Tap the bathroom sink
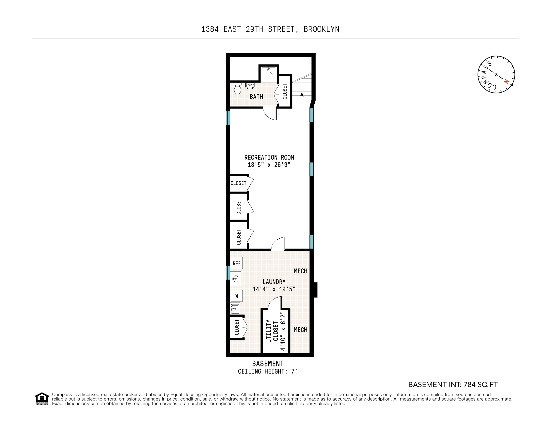pos(250,86)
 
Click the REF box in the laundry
pos(237,263)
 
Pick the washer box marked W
pos(237,296)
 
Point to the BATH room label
pos(256,97)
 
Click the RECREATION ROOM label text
pos(269,157)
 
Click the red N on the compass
pos(506,81)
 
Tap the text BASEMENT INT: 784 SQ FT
pos(453,384)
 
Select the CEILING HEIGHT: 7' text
pos(267,371)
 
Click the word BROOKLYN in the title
pos(321,29)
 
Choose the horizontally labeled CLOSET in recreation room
pos(238,183)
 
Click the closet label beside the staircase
pos(285,92)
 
